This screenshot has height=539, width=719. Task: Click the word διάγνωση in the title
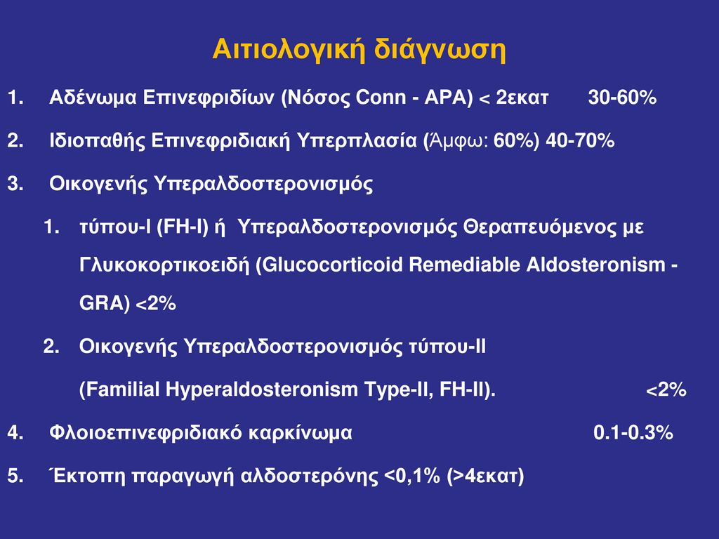tap(440, 50)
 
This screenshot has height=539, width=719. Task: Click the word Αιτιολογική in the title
tap(289, 50)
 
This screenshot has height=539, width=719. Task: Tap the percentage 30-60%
tap(622, 97)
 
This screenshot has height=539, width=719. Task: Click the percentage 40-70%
tap(580, 140)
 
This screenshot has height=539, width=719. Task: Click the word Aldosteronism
tap(595, 265)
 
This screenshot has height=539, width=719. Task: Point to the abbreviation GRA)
tap(105, 303)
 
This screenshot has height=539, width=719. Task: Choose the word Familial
tap(119, 390)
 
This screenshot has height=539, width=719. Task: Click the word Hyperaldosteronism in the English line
tap(262, 390)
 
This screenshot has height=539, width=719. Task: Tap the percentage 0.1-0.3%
tap(633, 432)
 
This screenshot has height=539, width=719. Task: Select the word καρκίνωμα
tap(301, 432)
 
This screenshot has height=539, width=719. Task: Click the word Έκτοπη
tap(86, 475)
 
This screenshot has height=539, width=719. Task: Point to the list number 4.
tap(15, 432)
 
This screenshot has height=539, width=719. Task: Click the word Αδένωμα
tap(93, 97)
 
